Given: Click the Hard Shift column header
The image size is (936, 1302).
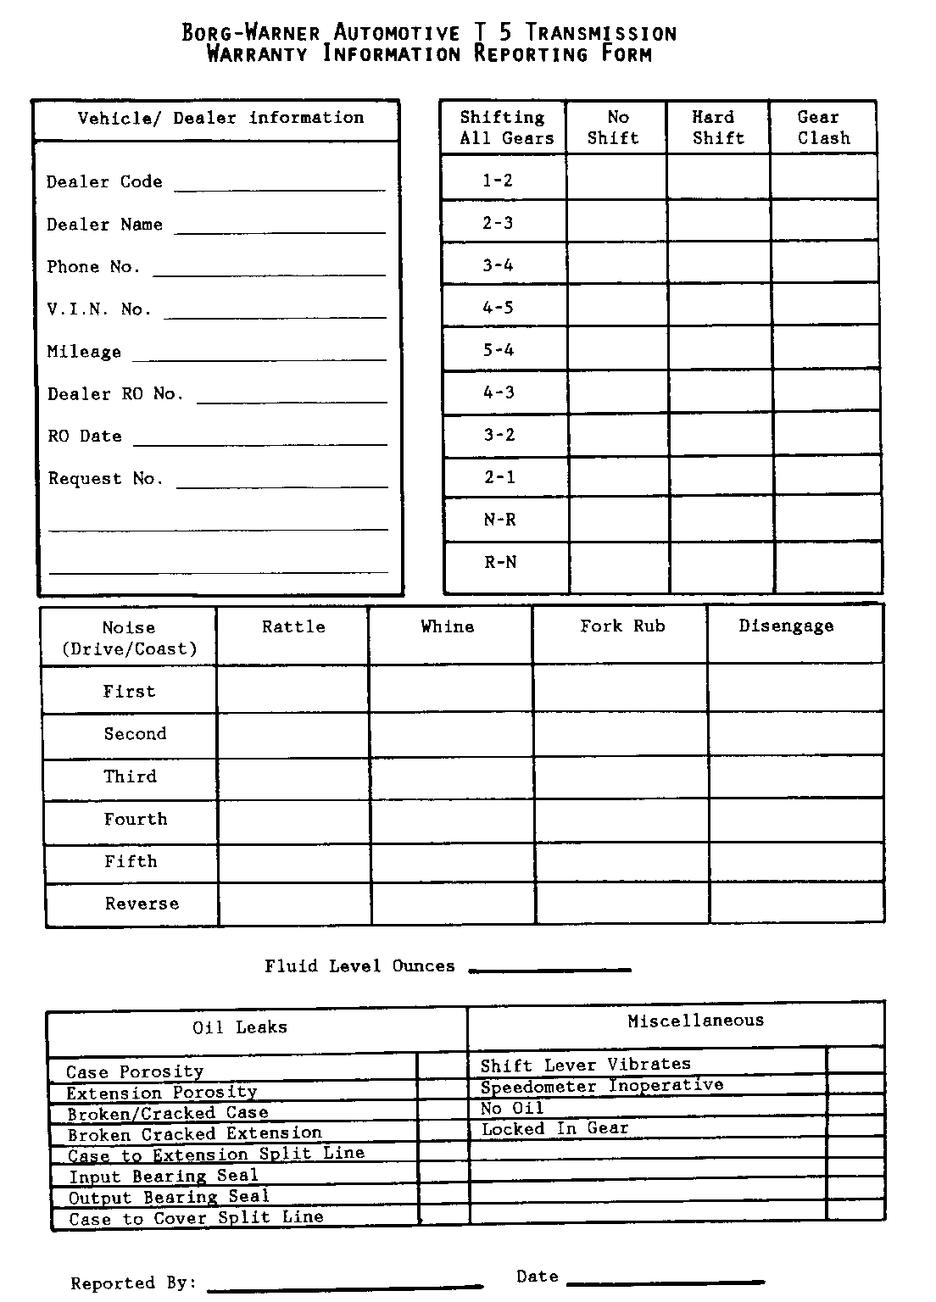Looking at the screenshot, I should pos(717,128).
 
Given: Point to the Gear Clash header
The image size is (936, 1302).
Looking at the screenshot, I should pos(822,128).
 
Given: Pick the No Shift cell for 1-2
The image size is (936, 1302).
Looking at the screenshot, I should pos(616,178).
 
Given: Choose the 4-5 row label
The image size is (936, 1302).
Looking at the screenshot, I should pos(499,308).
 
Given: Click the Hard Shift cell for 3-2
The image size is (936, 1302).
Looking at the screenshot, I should pos(721,435).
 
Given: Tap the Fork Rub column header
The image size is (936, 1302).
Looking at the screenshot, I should pos(622,626).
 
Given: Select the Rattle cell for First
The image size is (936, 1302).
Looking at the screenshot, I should pos(292,689).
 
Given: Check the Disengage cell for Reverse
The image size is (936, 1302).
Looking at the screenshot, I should pos(796,904).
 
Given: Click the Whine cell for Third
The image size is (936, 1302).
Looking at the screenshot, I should pos(452,779).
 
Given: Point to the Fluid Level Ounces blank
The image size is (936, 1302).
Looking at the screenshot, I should pos(549,967).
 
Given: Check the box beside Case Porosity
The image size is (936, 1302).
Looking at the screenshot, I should pos(442,1066).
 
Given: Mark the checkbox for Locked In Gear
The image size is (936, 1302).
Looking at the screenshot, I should pos(855,1127).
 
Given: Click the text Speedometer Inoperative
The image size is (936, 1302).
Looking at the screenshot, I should pos(602,1086).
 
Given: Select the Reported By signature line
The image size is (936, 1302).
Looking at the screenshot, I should pos(344,1287).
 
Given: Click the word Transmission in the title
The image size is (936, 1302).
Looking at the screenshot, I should pos(601,33).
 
